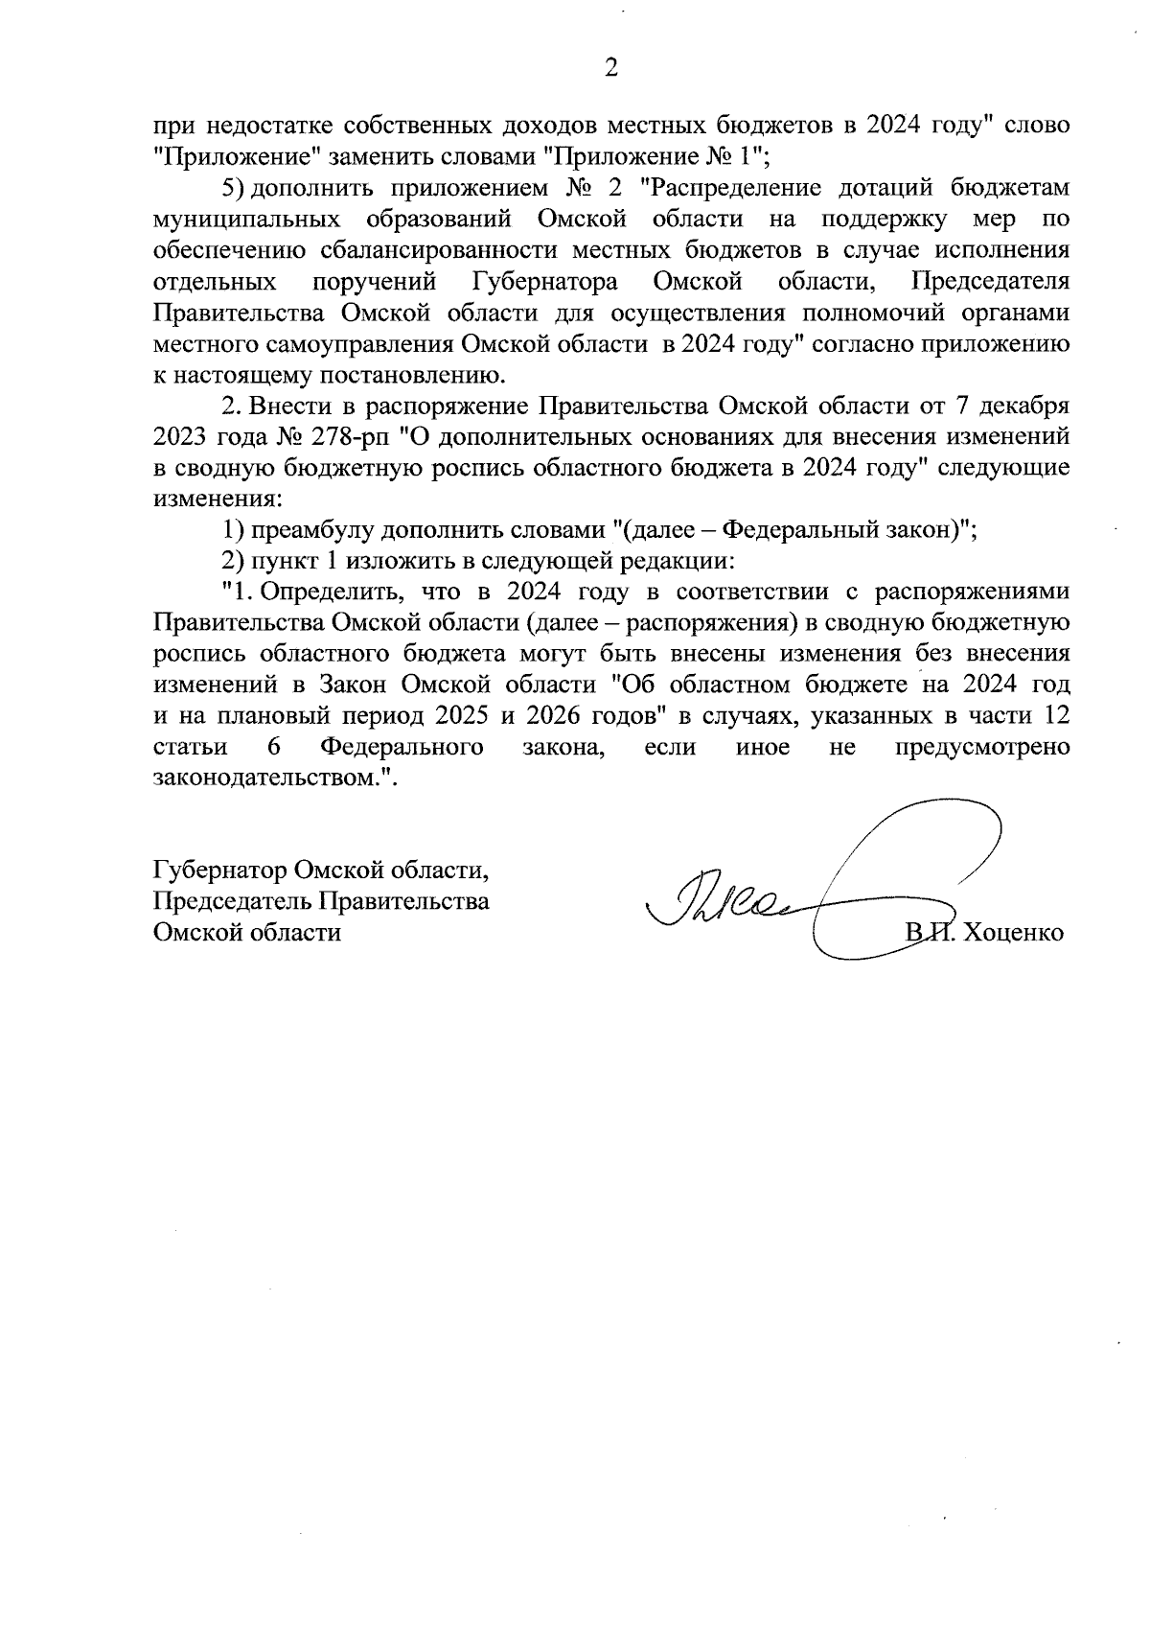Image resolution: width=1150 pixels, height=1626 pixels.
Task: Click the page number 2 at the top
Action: click(609, 67)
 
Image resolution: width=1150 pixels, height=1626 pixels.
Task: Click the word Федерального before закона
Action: click(401, 747)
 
